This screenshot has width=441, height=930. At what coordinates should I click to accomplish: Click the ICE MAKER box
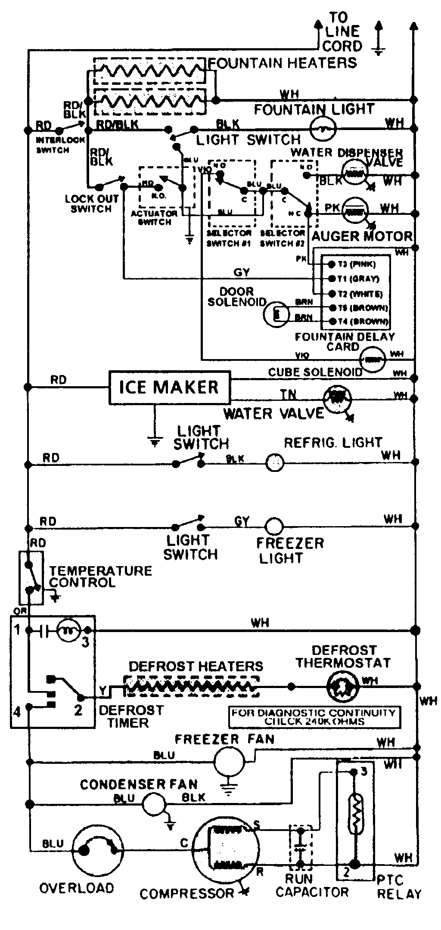click(x=169, y=387)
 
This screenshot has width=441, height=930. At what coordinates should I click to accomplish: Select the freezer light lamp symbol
click(x=274, y=526)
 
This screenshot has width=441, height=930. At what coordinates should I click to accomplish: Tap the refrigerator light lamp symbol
click(x=274, y=463)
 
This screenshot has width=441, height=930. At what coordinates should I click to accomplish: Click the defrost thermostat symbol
click(x=342, y=686)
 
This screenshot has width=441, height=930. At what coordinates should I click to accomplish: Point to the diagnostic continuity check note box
click(x=314, y=717)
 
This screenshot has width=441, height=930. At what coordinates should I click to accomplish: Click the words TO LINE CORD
click(x=342, y=32)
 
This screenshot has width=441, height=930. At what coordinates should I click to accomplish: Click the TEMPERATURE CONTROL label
click(x=100, y=577)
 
